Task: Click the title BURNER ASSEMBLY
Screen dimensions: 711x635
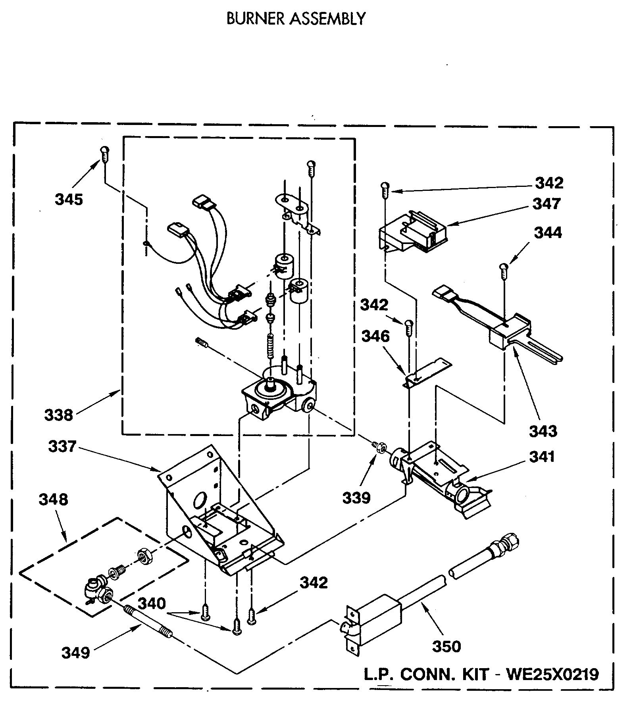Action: click(296, 19)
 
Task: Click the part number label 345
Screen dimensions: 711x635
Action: click(69, 200)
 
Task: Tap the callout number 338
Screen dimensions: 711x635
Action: click(58, 415)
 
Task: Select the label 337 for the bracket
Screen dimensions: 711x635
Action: click(62, 446)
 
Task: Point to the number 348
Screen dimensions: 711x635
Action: click(53, 500)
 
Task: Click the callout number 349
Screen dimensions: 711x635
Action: click(76, 653)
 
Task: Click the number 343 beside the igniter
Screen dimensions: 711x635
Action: click(543, 431)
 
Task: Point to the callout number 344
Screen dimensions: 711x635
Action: click(548, 233)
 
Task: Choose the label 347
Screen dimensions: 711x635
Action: click(546, 204)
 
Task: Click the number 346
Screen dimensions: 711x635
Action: click(375, 336)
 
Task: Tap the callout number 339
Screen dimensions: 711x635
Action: click(356, 498)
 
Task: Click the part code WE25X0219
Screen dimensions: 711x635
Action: click(552, 674)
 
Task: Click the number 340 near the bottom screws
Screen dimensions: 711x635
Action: click(152, 603)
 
